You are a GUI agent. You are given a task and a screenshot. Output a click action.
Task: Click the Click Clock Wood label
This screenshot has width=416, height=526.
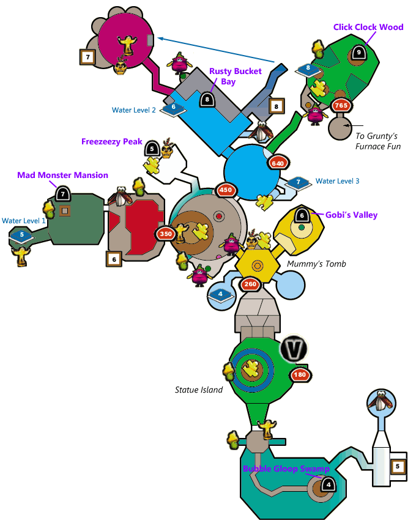coord(368,27)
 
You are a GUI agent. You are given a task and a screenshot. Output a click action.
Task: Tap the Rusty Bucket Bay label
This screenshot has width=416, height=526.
coord(236,76)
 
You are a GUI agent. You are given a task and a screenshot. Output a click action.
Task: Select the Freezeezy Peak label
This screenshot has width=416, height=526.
coord(111,141)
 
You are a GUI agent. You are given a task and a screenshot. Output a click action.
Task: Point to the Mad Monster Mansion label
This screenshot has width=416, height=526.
coord(62,175)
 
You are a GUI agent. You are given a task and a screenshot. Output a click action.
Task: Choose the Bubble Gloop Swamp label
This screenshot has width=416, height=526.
coord(286,469)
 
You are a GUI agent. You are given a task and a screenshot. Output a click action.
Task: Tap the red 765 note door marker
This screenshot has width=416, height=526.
coord(341,106)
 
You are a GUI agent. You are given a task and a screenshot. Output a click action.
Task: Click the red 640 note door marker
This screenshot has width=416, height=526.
coord(278,163)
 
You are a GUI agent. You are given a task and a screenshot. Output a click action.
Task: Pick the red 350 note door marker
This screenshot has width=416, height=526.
coord(166,234)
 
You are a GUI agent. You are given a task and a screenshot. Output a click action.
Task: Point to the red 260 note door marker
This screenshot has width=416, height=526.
coord(250,284)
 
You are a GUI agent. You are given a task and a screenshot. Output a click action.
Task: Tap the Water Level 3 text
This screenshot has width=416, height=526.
coord(337,181)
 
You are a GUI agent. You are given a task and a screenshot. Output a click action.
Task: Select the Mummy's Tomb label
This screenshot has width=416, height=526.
coord(316,264)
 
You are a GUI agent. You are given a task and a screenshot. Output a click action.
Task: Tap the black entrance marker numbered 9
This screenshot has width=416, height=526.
coord(358,52)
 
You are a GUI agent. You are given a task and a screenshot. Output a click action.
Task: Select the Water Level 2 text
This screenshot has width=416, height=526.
coord(134,110)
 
